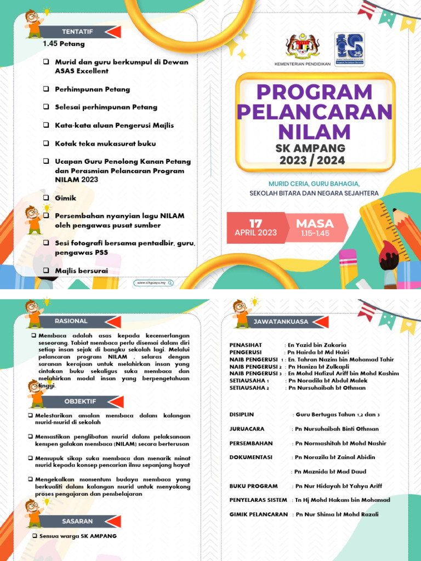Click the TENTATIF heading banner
77,32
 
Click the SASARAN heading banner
77,521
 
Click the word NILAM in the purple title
314,132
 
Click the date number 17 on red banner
255,224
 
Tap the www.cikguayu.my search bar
153,283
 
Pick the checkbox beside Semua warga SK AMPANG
34,536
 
